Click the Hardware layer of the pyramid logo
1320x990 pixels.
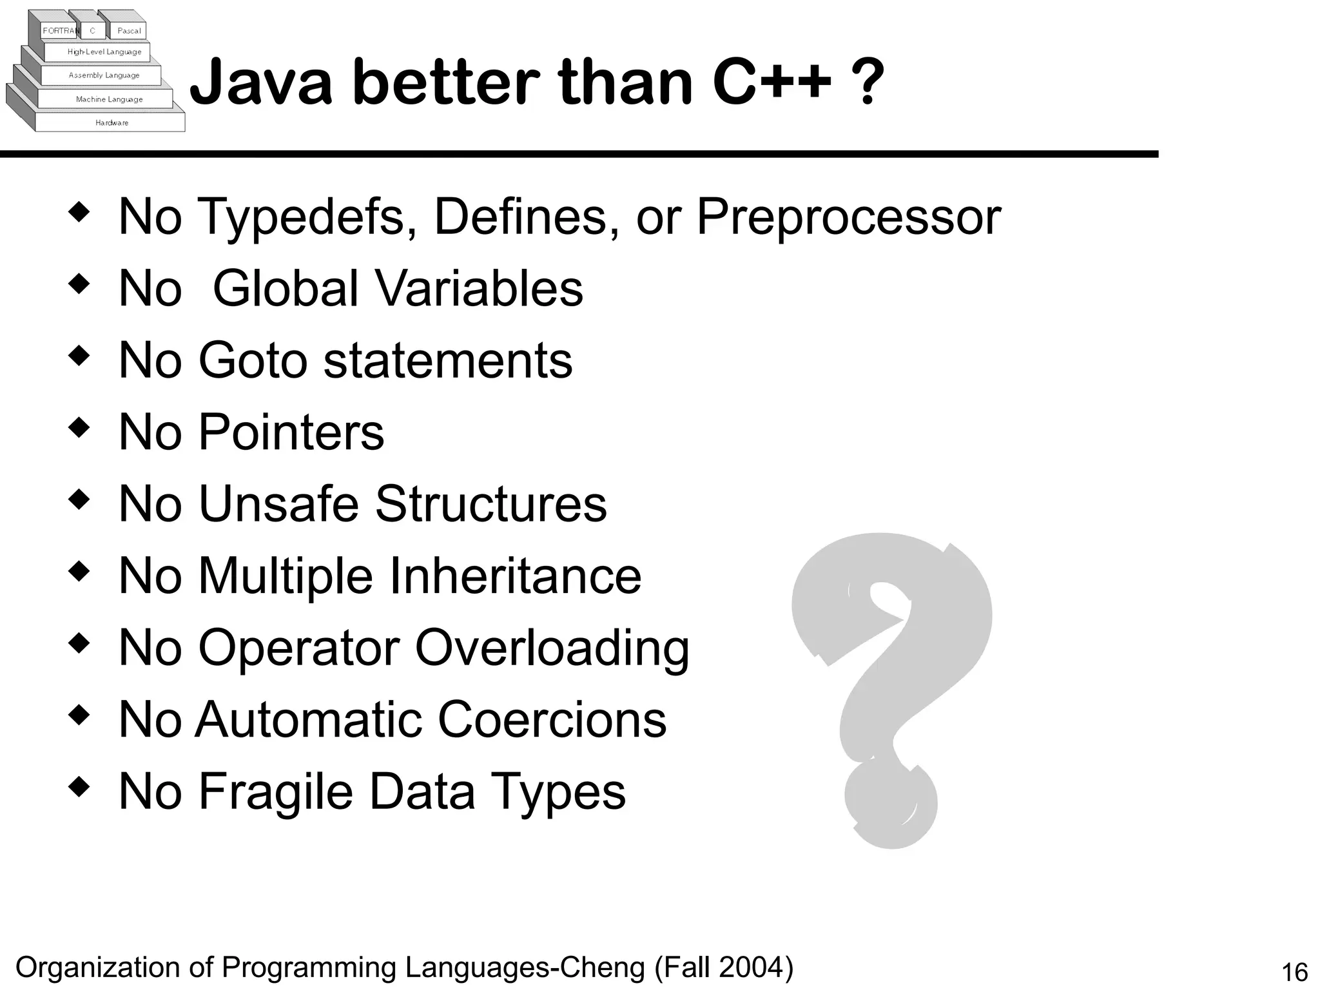pyautogui.click(x=112, y=122)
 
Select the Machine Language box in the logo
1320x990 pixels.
pyautogui.click(x=108, y=99)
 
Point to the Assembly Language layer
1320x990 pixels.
pyautogui.click(x=103, y=75)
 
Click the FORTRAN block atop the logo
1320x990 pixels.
pyautogui.click(x=60, y=30)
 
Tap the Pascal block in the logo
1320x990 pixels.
pyautogui.click(x=128, y=30)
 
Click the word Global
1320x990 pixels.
pyautogui.click(x=286, y=288)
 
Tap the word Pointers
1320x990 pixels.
pyautogui.click(x=291, y=432)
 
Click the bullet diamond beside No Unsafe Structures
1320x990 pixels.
pyautogui.click(x=79, y=500)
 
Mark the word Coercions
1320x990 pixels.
pyautogui.click(x=552, y=719)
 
